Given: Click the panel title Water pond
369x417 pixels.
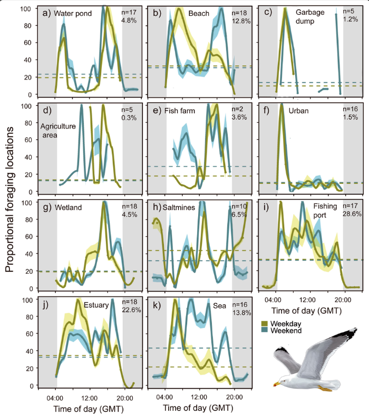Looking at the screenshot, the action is pos(73,14).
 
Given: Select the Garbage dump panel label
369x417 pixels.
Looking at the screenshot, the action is pos(310,16).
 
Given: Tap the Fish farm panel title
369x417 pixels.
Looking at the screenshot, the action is pos(179,111).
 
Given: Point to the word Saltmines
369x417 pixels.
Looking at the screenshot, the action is pos(179,207).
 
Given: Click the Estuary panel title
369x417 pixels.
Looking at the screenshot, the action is pos(96,305).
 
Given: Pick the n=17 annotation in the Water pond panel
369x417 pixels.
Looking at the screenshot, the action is pos(129,12).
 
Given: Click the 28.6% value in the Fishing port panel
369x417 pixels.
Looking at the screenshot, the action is pos(352,214).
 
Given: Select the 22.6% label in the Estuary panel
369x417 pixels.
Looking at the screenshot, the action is pos(131,310).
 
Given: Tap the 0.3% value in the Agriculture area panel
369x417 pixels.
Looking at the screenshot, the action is pos(129,117).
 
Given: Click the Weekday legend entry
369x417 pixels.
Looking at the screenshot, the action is pos(281,324).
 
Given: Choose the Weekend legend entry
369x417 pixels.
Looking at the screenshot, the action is pos(281,331).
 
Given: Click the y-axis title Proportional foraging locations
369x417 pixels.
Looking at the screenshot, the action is pos(9,200).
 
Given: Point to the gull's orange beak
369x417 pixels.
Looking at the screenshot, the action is pos(276,384).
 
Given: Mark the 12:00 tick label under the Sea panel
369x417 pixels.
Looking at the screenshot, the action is pos(199,398).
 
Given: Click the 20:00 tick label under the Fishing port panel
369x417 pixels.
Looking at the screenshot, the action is pos(343,300).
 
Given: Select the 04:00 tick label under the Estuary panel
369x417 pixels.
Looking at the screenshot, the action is pos(55,399).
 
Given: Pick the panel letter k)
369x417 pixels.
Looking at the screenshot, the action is pos(157,305).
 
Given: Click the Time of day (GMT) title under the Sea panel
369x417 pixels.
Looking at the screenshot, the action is pos(198,408).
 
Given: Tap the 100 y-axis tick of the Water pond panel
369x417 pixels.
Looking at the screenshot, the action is pos(25,8).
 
